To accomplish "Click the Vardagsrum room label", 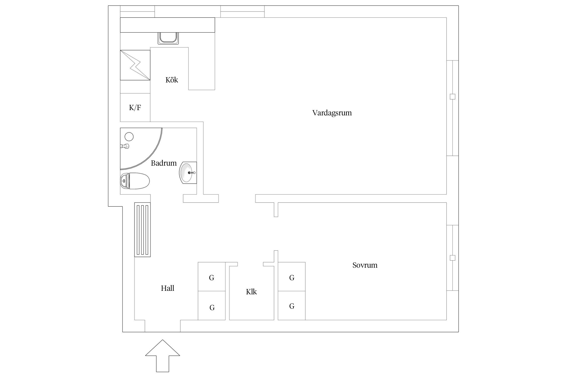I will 332,113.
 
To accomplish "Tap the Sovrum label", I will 365,265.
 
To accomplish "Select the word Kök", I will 172,80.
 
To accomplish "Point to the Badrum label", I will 164,163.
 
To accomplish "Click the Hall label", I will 167,288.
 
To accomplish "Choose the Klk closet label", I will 251,292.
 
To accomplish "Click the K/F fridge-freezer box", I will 135,108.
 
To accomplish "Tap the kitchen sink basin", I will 168,38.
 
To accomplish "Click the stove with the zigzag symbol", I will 135,65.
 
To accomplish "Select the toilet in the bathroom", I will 135,181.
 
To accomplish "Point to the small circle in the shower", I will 129,137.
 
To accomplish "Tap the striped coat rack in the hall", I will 142,229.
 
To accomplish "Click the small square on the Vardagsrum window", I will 452,97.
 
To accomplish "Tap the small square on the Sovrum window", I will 452,258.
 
